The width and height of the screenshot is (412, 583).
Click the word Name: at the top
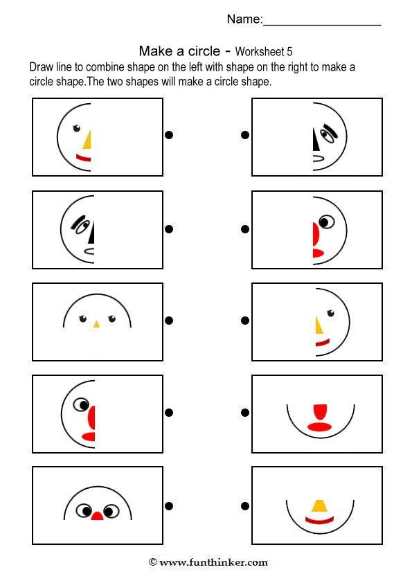point(244,19)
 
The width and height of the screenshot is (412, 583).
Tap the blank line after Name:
point(322,21)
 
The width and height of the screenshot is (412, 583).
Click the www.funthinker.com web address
point(213,562)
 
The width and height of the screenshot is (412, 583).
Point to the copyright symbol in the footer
point(152,562)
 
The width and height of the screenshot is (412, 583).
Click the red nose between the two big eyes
point(98,516)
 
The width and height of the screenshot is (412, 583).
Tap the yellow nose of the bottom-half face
point(319,505)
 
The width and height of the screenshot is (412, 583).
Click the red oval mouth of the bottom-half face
point(319,427)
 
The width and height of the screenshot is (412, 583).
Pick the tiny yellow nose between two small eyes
point(96,323)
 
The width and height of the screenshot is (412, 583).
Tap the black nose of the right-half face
point(315,141)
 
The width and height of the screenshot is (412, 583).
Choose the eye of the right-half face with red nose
point(325,222)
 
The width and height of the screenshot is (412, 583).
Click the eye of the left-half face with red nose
point(83,404)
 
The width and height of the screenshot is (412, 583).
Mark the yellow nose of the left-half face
point(88,140)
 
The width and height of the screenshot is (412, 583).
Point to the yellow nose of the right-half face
point(319,324)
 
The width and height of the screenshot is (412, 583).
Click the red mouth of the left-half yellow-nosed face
point(84,159)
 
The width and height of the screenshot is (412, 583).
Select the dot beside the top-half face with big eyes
point(169,504)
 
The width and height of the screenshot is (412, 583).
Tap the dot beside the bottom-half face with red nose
point(244,413)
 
